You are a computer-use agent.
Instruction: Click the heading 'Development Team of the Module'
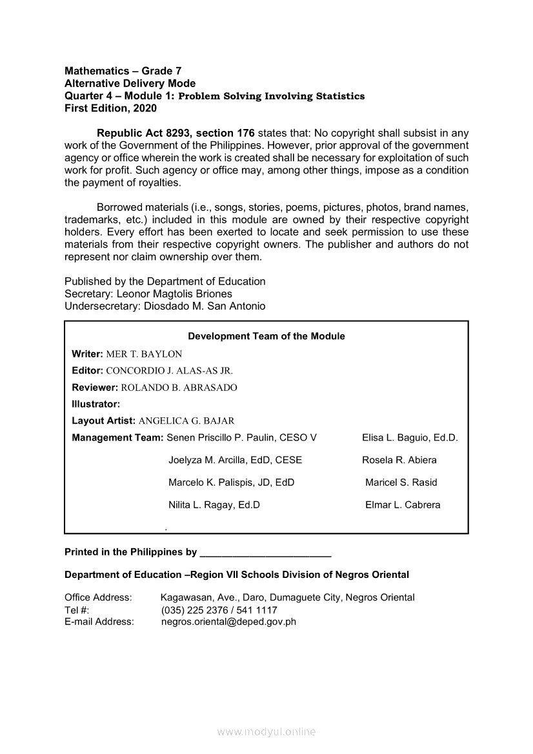pos(266,336)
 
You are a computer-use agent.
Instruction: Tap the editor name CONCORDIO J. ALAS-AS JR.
pos(169,371)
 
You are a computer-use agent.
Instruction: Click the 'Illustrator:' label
pos(96,404)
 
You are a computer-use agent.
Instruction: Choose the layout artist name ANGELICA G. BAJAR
pos(186,421)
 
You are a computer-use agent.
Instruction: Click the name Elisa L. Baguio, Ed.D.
pos(410,438)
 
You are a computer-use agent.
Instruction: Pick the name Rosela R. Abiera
pos(399,461)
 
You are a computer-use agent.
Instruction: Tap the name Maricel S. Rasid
pos(401,482)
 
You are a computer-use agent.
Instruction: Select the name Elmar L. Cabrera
pos(403,505)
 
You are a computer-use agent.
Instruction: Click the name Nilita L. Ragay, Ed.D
pos(214,505)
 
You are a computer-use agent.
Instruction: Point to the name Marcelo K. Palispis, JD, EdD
pos(231,482)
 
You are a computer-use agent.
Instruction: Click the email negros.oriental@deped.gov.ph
pos(228,622)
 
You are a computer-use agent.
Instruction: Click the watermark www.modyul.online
pos(266,732)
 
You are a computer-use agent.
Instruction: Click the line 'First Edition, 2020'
pos(110,108)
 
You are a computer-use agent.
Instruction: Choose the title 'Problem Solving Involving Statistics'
pos(271,96)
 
